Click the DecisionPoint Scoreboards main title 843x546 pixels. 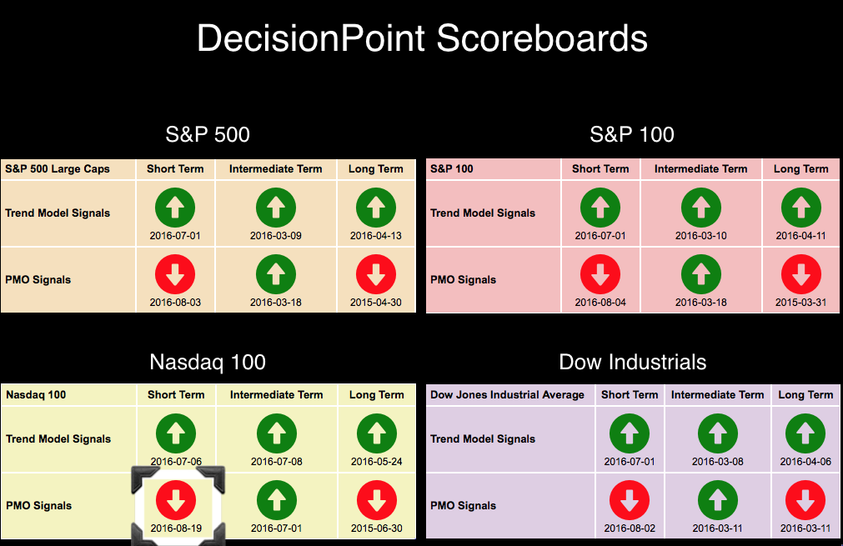422,38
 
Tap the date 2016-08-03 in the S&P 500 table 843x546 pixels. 175,303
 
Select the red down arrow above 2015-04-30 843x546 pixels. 376,274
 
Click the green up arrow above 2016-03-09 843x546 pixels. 276,208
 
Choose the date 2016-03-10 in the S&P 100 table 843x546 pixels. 701,236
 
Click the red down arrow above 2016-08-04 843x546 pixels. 600,274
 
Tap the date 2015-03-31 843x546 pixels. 801,303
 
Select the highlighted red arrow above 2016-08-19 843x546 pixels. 176,500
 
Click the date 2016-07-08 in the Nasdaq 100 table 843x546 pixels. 277,462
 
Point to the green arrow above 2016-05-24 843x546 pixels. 377,433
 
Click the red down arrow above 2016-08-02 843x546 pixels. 630,500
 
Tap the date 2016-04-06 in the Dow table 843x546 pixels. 806,462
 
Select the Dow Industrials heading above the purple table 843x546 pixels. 633,363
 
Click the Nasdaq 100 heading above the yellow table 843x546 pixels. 208,363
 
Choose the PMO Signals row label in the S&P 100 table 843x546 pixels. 463,280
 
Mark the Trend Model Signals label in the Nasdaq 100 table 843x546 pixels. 58,439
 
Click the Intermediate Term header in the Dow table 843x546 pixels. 718,395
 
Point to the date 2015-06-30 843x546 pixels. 377,528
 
